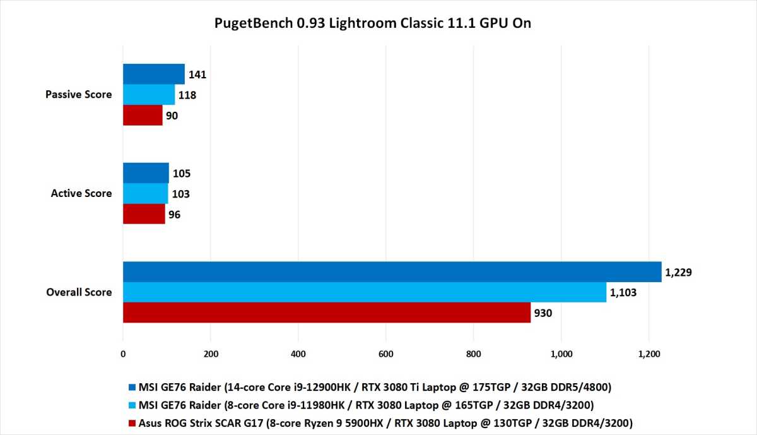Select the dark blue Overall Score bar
(392, 271)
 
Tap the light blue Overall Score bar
(365, 292)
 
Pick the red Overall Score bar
(326, 313)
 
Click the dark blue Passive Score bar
(153, 74)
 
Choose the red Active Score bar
(144, 214)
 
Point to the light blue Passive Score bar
(148, 95)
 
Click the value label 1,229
(679, 272)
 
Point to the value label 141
(197, 74)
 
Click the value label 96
(175, 215)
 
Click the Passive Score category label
(79, 95)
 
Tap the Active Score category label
(81, 194)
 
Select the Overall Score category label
(79, 292)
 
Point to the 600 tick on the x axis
(386, 354)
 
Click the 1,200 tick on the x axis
(649, 354)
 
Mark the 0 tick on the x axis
(123, 354)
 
